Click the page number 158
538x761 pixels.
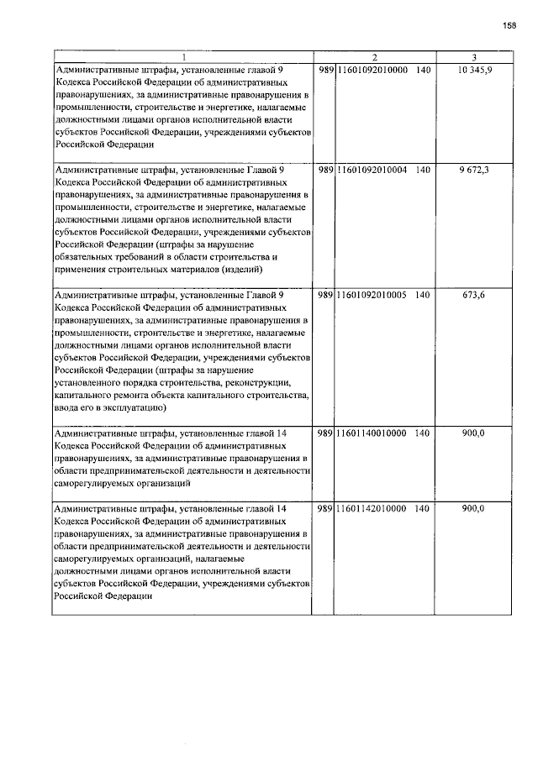pos(509,25)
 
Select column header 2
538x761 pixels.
pos(374,57)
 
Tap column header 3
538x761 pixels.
pos(475,57)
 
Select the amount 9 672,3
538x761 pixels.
pos(475,170)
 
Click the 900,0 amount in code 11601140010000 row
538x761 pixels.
pos(475,433)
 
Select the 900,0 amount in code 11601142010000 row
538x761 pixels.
pos(475,509)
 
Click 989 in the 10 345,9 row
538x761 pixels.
pos(326,69)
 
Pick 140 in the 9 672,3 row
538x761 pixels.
pos(422,170)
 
